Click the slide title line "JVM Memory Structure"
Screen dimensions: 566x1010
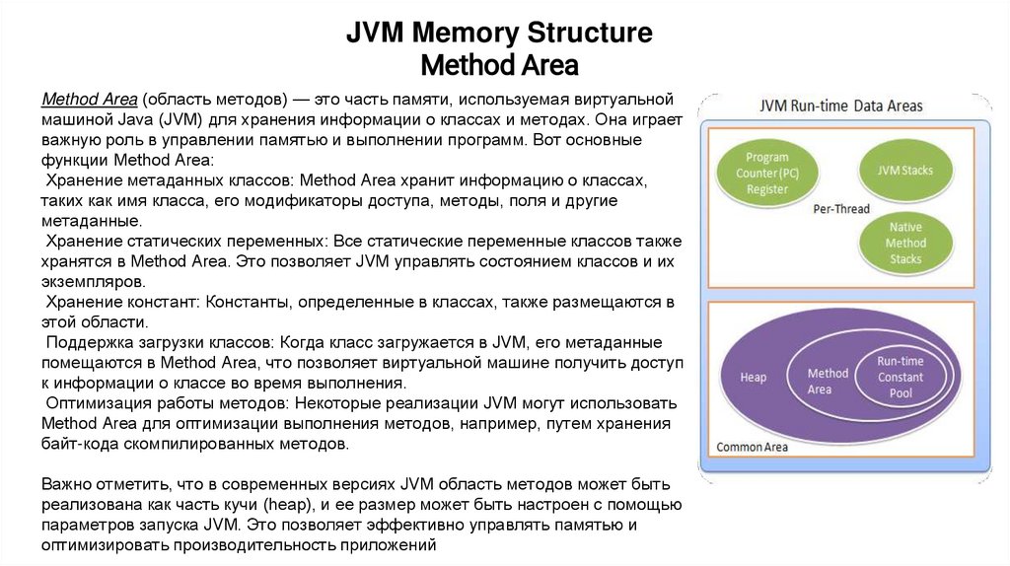(498, 33)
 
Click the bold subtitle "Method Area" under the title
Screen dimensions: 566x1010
(498, 65)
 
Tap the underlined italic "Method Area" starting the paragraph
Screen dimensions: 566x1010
(88, 101)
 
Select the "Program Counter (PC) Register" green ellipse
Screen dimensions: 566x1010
(766, 174)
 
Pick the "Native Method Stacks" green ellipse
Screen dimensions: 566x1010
(904, 243)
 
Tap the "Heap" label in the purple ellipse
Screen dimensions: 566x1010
(753, 378)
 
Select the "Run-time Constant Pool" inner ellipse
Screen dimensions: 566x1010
(900, 378)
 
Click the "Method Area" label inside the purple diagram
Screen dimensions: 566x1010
(827, 381)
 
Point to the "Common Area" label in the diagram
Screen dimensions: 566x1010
(753, 447)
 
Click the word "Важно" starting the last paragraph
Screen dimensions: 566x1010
(67, 485)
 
